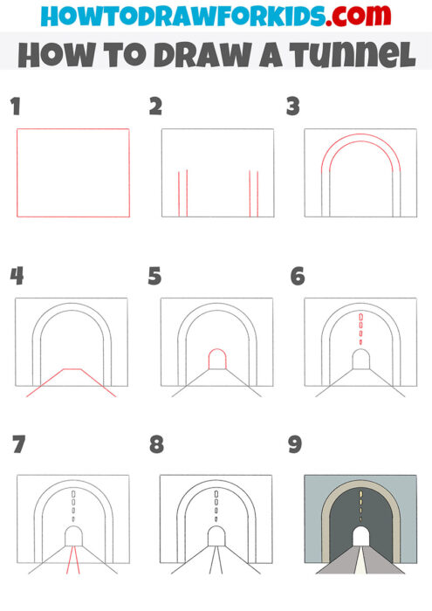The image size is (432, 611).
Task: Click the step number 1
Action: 14,107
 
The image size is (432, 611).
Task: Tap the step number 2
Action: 156,107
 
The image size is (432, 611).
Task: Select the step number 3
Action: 293,107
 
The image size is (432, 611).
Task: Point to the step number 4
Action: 17,277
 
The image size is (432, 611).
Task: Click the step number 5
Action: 155,277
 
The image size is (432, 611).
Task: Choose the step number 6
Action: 298,277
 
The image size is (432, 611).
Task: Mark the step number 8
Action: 156,445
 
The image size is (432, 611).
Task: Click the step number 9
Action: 295,445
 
